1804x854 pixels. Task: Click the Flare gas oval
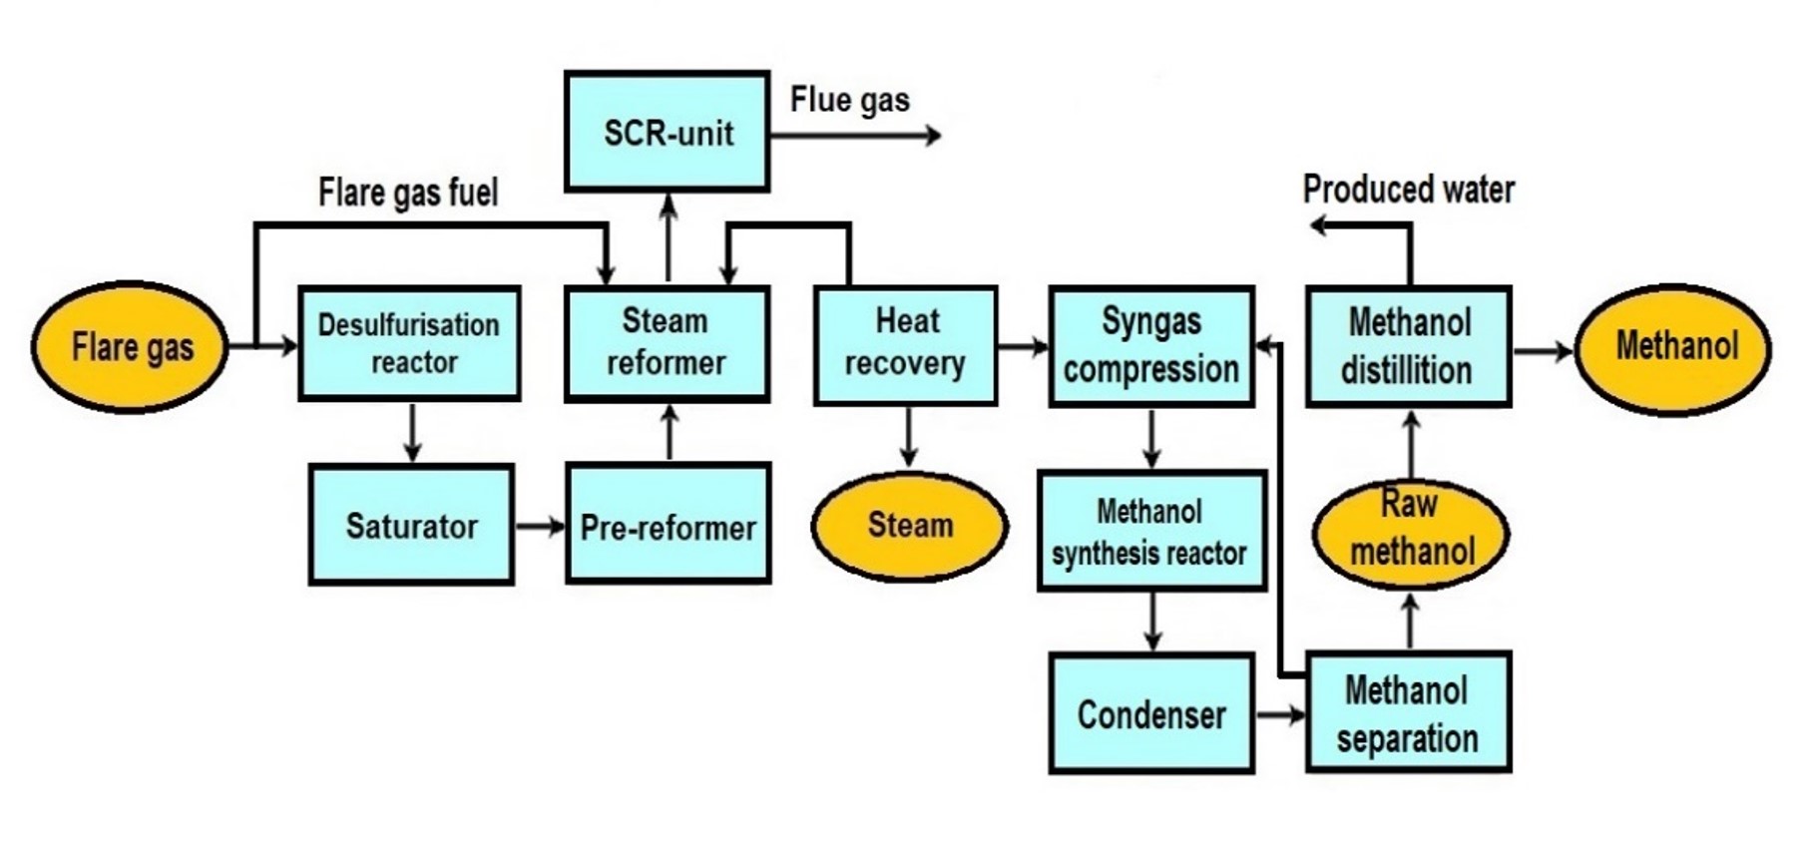pos(130,347)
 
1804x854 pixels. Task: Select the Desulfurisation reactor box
pos(409,343)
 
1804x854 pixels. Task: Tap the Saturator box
pos(411,525)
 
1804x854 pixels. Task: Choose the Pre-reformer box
pos(668,525)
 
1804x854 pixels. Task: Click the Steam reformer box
pos(667,343)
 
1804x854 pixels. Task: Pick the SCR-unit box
pos(667,132)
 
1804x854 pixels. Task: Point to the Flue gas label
pos(849,100)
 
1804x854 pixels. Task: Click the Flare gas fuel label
pos(408,192)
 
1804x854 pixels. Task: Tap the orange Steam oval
pos(909,526)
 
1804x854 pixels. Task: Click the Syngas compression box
pos(1151,346)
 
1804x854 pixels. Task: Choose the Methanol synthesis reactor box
pos(1151,532)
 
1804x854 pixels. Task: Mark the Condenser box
pos(1151,713)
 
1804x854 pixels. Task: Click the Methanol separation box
pos(1408,712)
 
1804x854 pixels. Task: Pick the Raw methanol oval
pos(1410,529)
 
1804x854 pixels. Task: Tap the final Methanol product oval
pos(1673,348)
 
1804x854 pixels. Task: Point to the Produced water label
pos(1408,190)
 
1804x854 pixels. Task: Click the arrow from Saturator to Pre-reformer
pos(540,526)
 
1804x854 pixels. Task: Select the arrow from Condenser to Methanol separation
pos(1280,714)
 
